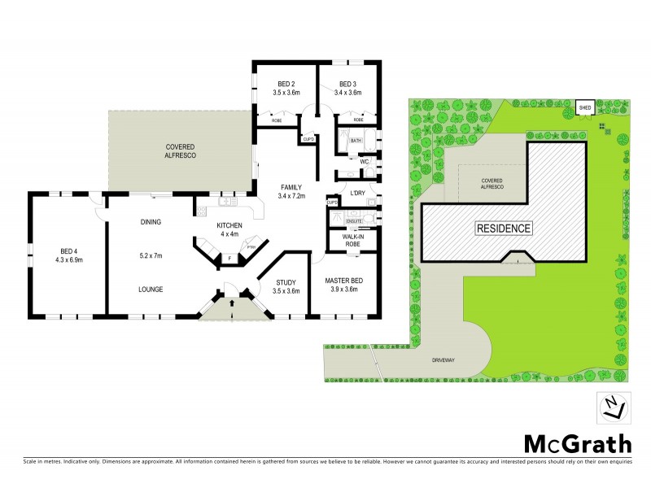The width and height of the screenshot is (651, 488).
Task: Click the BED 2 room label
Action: (x=286, y=84)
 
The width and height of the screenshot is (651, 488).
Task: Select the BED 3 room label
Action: (x=347, y=84)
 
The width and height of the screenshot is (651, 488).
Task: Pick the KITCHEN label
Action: (x=229, y=225)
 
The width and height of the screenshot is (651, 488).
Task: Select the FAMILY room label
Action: (x=291, y=187)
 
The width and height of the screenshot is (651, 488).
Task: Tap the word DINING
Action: (x=151, y=221)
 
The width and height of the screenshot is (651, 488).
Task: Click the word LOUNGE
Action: (x=151, y=289)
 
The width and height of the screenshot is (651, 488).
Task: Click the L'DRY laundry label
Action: (x=356, y=192)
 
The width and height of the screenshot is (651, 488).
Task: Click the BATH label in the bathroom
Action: (x=356, y=141)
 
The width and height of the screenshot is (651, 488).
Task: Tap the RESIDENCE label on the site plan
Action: (x=503, y=229)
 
